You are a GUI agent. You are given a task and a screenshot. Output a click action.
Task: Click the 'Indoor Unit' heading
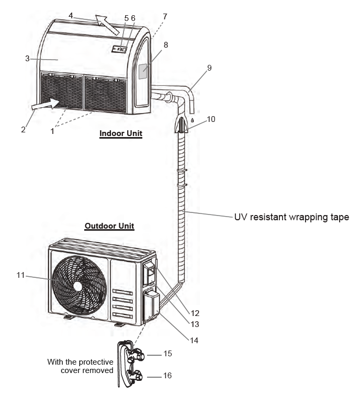tap(121, 133)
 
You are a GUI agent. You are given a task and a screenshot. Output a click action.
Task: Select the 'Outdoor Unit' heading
tap(109, 226)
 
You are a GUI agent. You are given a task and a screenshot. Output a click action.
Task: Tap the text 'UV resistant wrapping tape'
tap(291, 217)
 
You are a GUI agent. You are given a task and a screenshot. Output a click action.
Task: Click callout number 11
tap(20, 276)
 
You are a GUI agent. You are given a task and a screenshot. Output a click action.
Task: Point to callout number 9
tap(209, 68)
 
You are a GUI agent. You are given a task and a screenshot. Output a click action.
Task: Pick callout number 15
tap(167, 354)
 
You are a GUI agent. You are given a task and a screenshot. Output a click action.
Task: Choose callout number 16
tap(167, 376)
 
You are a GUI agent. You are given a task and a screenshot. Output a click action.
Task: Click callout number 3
tap(27, 59)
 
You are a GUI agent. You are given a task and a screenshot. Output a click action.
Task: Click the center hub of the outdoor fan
tap(78, 286)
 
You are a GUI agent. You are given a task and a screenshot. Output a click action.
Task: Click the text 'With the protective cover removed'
tap(80, 366)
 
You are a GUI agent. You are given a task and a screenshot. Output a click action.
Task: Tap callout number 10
tap(211, 119)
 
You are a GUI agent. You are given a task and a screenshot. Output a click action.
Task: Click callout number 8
tap(166, 45)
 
